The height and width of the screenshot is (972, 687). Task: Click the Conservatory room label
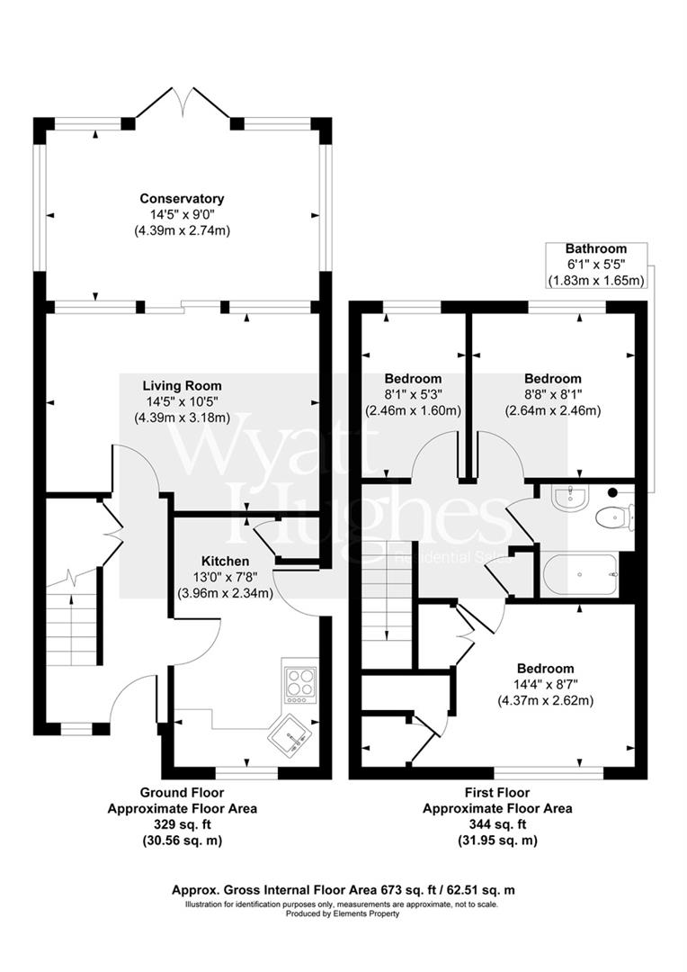coord(182,198)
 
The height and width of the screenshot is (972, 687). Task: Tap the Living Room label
coord(182,385)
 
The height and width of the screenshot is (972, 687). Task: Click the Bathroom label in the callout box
coord(595,248)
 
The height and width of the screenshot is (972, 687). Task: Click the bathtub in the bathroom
coord(580,573)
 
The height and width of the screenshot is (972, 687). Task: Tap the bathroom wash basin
coord(568,498)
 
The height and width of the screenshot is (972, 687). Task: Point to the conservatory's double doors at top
coord(183,103)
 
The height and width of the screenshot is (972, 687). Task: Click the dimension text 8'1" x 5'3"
coord(413,394)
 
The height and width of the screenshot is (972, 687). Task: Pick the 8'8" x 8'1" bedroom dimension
coord(552,394)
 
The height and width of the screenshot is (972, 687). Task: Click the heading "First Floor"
coord(497,793)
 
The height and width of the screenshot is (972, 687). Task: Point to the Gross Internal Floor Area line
coord(343,890)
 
